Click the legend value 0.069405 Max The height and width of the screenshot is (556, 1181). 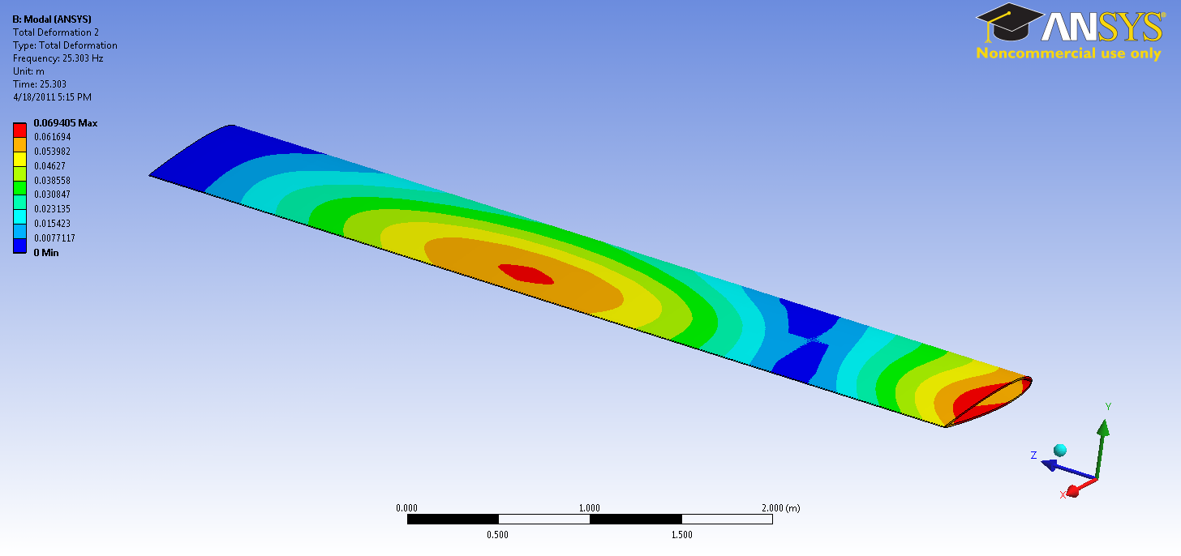click(66, 123)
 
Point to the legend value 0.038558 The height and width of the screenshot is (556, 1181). click(52, 180)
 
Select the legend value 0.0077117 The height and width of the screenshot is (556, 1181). click(54, 238)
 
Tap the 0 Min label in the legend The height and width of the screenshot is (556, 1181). click(46, 252)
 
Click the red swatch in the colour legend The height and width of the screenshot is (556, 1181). click(19, 130)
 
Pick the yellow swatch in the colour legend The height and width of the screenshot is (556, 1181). click(19, 159)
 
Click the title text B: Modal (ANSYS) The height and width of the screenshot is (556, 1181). click(52, 19)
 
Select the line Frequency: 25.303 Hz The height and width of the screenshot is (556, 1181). click(58, 58)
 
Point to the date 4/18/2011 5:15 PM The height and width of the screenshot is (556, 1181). click(52, 97)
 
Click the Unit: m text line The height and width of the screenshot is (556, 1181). click(28, 71)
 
